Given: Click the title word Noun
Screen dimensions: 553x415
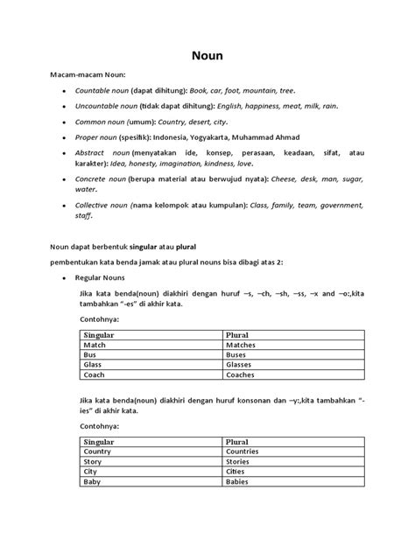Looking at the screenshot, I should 207,55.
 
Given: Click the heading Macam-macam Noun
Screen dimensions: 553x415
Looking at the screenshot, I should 82,75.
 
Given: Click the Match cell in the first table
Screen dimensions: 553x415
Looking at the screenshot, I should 95,346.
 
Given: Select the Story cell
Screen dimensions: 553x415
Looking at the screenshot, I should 93,461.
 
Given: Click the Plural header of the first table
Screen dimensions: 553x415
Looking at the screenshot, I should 238,336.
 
